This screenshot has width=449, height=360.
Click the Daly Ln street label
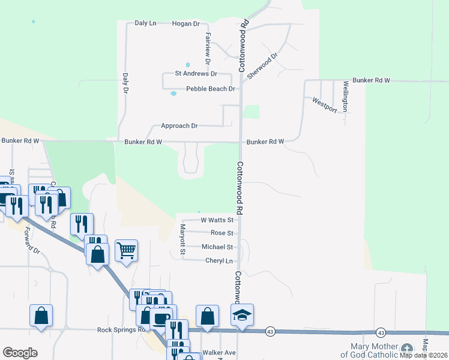pos(145,23)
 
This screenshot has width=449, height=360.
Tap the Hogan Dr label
pos(185,23)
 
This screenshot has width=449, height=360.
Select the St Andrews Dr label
pos(196,73)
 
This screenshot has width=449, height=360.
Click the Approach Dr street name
pos(179,126)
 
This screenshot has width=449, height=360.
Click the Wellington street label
pos(346,96)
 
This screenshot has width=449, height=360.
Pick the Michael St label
pos(217,247)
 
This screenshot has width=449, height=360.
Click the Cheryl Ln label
pos(218,260)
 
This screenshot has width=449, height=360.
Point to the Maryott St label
pos(182,239)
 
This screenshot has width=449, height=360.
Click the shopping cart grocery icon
pos(127,251)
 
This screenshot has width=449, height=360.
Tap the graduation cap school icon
pos(243,315)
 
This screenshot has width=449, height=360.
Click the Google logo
pos(20,353)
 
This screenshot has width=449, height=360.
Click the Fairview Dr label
pos(207,49)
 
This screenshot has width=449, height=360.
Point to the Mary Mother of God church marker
pos(407,349)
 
